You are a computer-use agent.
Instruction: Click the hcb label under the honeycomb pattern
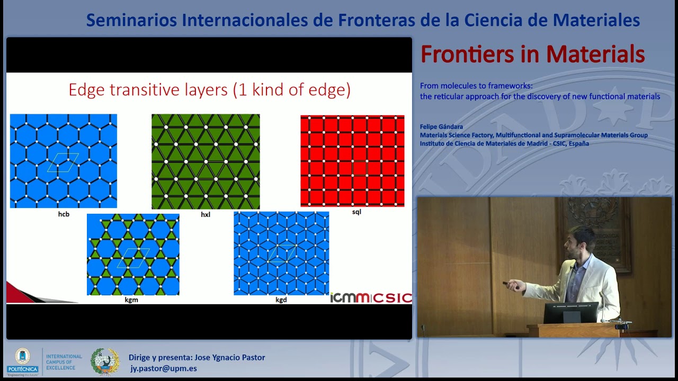point(64,214)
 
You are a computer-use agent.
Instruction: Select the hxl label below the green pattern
point(206,215)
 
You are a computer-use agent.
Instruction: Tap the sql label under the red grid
point(356,212)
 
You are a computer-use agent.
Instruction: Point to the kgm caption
point(131,300)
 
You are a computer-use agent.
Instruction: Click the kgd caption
point(281,300)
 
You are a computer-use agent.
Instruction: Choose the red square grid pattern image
point(352,161)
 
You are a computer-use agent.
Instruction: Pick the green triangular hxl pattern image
point(206,161)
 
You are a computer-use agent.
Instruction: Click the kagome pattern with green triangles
point(133,254)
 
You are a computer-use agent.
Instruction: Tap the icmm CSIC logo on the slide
point(371,297)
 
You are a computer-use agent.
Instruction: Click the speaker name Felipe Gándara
point(441,126)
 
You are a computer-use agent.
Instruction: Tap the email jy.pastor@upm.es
point(164,368)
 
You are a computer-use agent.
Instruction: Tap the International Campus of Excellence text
point(64,362)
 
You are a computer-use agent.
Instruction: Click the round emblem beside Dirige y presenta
point(105,361)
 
